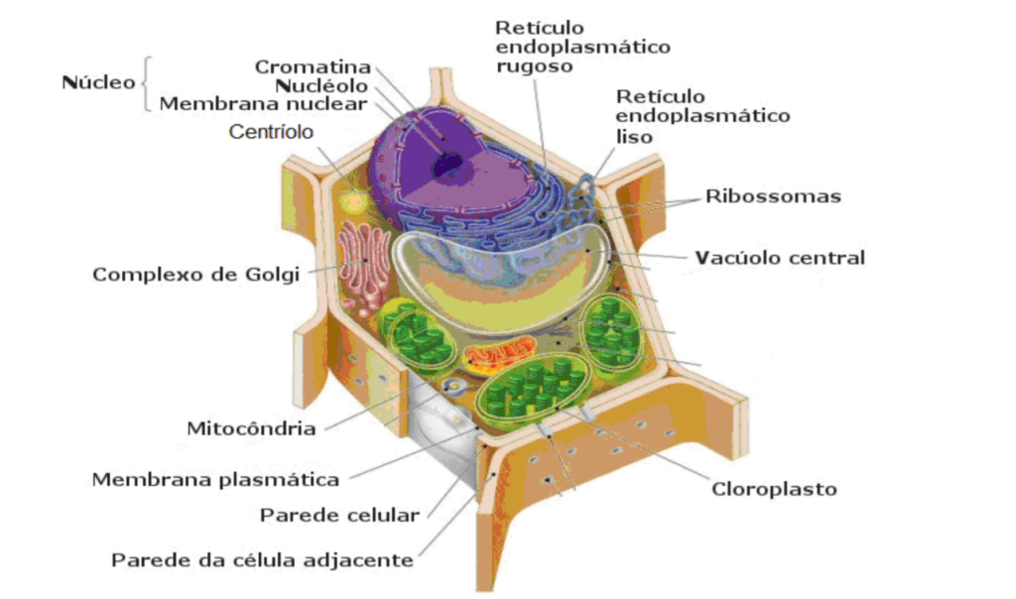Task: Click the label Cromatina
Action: pos(313,67)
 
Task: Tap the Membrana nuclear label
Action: pos(264,103)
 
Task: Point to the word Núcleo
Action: pos(98,82)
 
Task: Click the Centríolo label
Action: pos(271,131)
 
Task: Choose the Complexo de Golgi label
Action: pos(195,274)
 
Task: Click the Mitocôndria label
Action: pos(251,428)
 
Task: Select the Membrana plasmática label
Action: pos(215,480)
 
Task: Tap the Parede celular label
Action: pos(338,515)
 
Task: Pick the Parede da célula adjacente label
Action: pos(262,560)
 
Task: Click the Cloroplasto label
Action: pos(774,489)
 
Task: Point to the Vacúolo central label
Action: pos(780,258)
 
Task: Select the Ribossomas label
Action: pos(773,196)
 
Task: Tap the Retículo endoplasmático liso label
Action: pos(702,116)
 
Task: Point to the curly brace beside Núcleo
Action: pos(146,82)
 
